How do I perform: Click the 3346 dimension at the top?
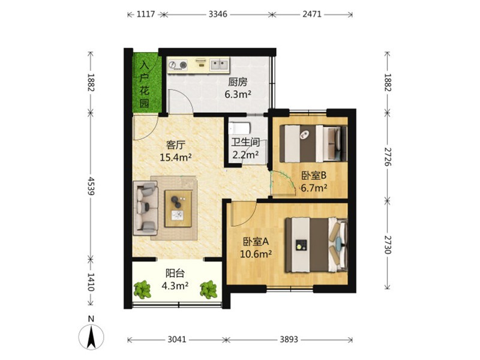218,14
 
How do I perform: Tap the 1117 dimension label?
146,14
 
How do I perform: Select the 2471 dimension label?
312,14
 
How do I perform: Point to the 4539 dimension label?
91,185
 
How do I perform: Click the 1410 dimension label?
91,282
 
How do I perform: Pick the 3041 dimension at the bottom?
177,339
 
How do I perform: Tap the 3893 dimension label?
289,339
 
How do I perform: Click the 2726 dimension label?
388,157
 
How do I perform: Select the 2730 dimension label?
388,245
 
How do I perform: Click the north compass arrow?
91,337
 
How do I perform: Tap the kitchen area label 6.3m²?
238,94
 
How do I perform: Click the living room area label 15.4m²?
176,157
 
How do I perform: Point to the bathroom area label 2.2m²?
245,155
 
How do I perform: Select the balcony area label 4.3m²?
175,286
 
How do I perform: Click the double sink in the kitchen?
219,65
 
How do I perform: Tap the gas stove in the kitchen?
178,65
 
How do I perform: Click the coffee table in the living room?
178,209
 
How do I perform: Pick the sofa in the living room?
145,208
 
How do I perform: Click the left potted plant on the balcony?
142,290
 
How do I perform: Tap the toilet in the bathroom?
240,127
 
